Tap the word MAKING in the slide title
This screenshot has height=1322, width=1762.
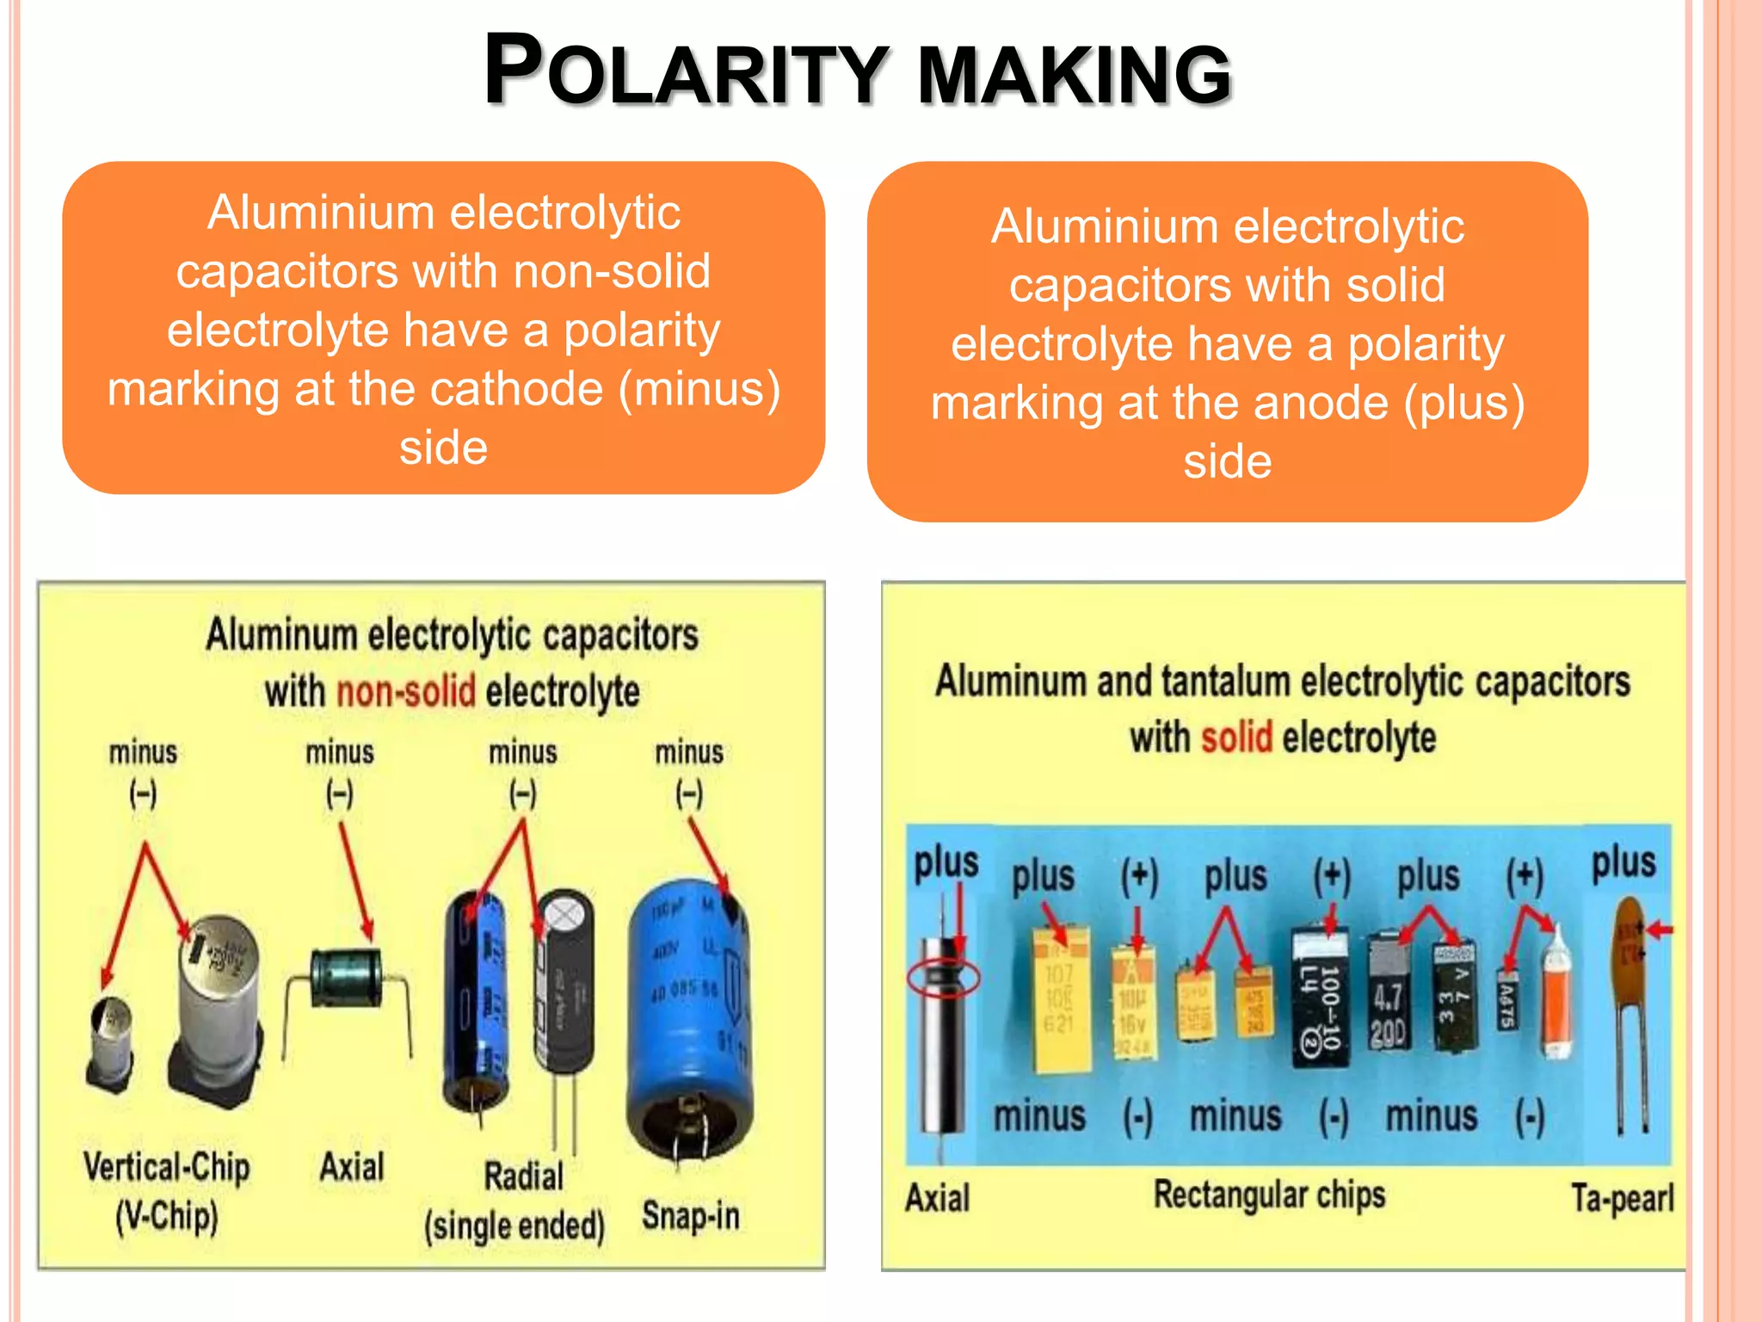(1075, 75)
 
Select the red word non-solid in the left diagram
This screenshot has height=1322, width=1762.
(405, 691)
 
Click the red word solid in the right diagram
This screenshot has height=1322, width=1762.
(1236, 738)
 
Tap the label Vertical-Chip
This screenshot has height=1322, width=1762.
(167, 1167)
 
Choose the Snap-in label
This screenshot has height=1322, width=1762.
(691, 1216)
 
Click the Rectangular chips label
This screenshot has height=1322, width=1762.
(1269, 1195)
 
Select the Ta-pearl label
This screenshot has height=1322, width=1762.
(1622, 1197)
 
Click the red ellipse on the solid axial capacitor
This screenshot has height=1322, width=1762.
(944, 979)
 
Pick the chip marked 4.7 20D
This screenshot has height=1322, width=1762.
(1388, 1003)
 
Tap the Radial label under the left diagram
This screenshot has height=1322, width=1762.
(523, 1176)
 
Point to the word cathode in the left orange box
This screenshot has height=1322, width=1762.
(517, 389)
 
